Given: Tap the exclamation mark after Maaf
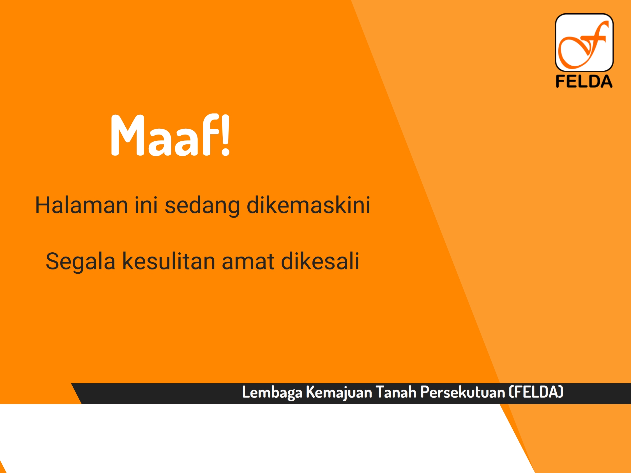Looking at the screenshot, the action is pyautogui.click(x=225, y=135).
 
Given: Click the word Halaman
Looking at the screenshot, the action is pyautogui.click(x=82, y=205).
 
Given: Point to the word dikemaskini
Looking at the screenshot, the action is pyautogui.click(x=308, y=205).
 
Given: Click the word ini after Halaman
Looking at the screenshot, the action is pyautogui.click(x=146, y=205).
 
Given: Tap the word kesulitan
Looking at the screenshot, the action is pyautogui.click(x=169, y=261).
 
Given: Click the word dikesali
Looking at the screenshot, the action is pyautogui.click(x=320, y=261).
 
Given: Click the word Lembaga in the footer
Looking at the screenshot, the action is pyautogui.click(x=272, y=393).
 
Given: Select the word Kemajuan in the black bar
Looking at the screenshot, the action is pyautogui.click(x=339, y=393).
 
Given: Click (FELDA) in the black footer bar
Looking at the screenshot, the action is pyautogui.click(x=536, y=392).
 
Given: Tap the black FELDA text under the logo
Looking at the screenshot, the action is pyautogui.click(x=584, y=81).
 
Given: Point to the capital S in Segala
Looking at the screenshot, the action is pyautogui.click(x=52, y=261).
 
